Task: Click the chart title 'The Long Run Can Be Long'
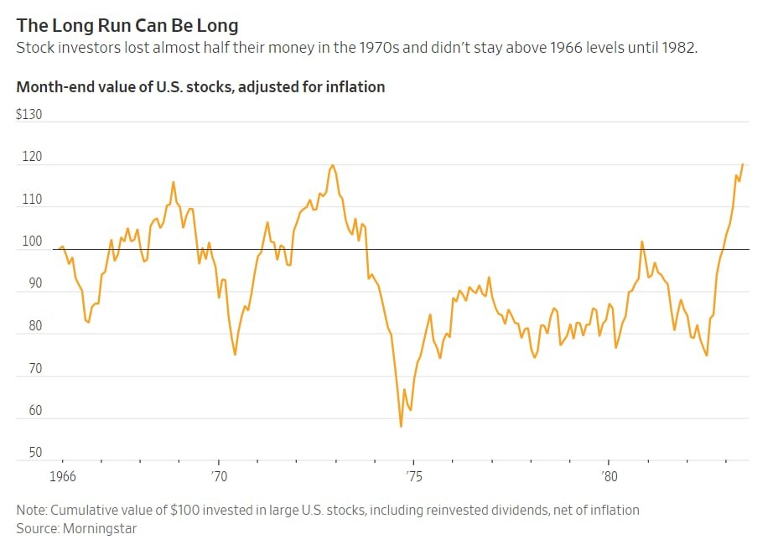pyautogui.click(x=127, y=26)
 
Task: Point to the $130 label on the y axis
pyautogui.click(x=29, y=114)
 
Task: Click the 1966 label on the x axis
pyautogui.click(x=63, y=476)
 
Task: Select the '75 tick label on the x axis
pyautogui.click(x=413, y=476)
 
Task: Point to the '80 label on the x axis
pyautogui.click(x=609, y=476)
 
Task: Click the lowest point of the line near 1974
pyautogui.click(x=401, y=427)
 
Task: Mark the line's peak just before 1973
pyautogui.click(x=333, y=165)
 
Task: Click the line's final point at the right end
pyautogui.click(x=743, y=164)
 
